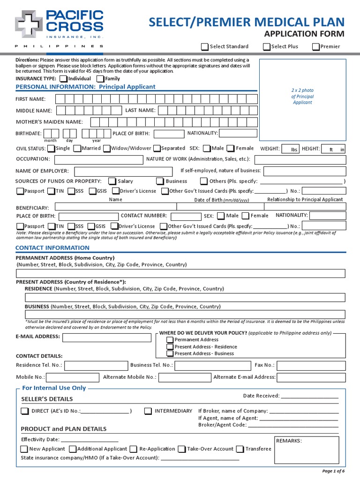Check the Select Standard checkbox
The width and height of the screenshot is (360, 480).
(205, 46)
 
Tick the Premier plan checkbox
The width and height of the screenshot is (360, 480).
(316, 46)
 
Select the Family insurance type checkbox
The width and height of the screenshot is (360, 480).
(101, 79)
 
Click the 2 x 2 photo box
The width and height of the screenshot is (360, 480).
(302, 100)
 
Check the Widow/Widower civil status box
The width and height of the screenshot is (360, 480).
(107, 149)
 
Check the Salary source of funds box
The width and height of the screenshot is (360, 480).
(112, 181)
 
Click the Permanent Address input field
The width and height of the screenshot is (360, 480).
(181, 274)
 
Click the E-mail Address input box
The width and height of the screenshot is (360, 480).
(107, 337)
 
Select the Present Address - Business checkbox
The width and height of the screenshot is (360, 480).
(170, 353)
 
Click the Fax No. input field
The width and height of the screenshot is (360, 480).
(311, 365)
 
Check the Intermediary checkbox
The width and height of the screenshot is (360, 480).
(148, 411)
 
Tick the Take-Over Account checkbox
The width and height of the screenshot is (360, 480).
(182, 449)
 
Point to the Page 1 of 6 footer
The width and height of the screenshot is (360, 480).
(333, 471)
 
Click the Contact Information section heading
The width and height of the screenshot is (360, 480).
(46, 247)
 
